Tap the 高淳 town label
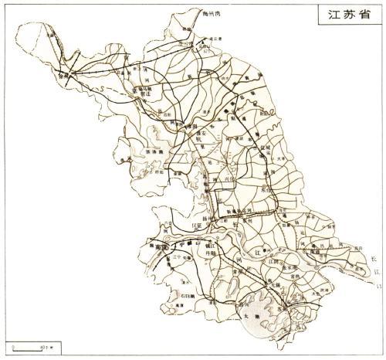pyautogui.click(x=179, y=307)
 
